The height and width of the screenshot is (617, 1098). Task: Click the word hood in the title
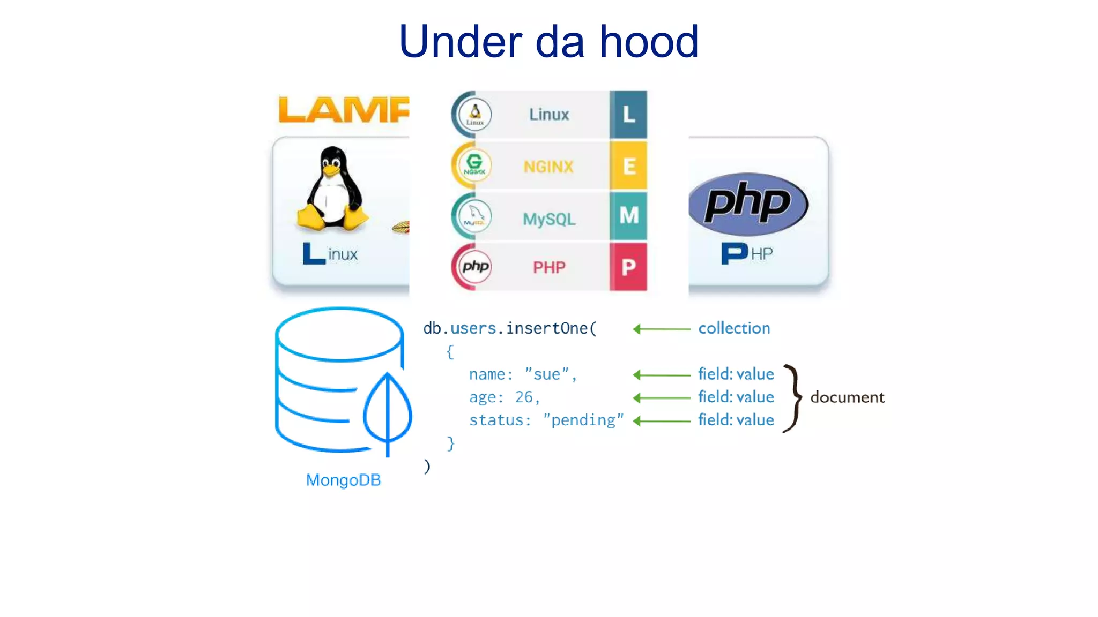[649, 42]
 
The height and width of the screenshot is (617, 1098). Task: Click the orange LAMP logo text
[343, 110]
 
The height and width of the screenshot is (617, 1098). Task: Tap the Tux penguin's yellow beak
[331, 170]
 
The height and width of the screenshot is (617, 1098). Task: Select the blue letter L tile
[628, 115]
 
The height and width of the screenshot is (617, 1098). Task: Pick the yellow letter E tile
[628, 166]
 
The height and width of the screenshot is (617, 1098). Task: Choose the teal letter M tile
[628, 216]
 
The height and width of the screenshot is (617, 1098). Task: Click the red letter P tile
[628, 267]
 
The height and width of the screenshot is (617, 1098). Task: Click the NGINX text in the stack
[548, 167]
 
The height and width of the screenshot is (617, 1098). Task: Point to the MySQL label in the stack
[549, 219]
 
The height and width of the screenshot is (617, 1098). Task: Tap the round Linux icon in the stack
[474, 114]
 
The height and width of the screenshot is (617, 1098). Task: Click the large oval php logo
[748, 204]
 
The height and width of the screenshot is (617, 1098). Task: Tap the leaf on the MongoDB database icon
[388, 410]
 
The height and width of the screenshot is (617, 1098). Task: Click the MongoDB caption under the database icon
[343, 480]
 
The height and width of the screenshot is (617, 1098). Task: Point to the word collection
[734, 328]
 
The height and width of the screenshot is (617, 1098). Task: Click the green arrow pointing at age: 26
[661, 398]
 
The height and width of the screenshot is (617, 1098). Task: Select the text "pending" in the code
[583, 420]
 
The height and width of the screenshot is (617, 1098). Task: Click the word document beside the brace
[847, 397]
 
